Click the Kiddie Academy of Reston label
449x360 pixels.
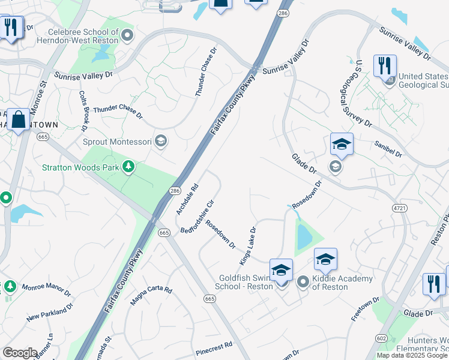tap(343, 283)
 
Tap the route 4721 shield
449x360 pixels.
tap(399, 208)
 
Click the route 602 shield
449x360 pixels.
tap(381, 338)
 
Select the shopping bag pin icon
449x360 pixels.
tap(19, 119)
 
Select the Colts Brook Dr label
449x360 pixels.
tap(83, 111)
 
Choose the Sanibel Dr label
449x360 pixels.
tap(387, 149)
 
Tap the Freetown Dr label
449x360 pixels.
tap(366, 309)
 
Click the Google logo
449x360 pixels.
tap(20, 353)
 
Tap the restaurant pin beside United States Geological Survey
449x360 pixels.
tap(384, 65)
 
